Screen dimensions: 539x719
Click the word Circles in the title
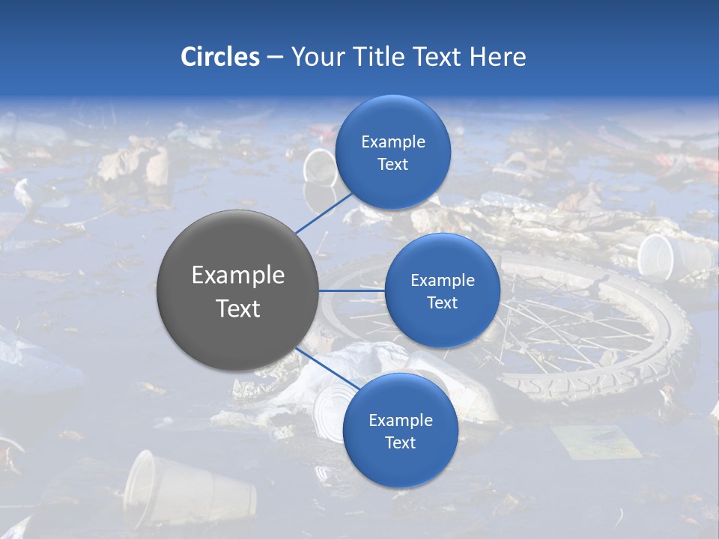[x=220, y=57]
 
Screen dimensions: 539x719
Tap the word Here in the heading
[x=497, y=57]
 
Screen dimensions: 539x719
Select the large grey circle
[x=237, y=290]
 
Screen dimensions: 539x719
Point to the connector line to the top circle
[x=324, y=212]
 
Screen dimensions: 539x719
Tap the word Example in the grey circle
[x=237, y=275]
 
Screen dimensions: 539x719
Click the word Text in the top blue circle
[x=392, y=164]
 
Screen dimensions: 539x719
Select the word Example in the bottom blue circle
[x=400, y=420]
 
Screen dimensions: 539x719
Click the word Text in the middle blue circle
[x=442, y=302]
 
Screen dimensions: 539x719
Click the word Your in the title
[x=315, y=57]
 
